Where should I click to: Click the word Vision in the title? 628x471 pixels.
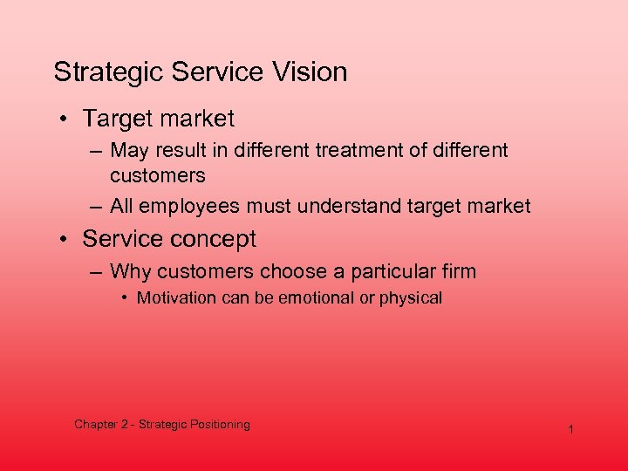click(x=310, y=72)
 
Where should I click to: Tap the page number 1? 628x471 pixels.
click(x=570, y=430)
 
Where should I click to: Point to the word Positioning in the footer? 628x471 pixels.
click(x=218, y=425)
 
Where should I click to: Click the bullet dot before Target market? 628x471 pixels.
click(x=66, y=118)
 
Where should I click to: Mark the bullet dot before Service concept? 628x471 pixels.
click(x=66, y=239)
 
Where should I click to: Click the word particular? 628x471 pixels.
click(x=391, y=271)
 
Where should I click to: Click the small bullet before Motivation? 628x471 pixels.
click(x=125, y=298)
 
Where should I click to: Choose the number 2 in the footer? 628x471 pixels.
click(x=124, y=425)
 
